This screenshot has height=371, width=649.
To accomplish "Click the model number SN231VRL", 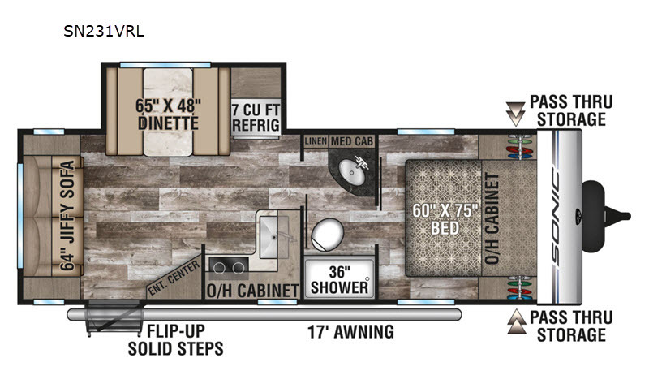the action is [x=104, y=31].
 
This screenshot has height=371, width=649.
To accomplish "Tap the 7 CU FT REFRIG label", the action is [x=256, y=118].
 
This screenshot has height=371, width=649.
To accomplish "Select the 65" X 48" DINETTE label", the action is [x=168, y=114].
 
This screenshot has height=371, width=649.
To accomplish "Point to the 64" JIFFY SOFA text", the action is [x=67, y=215].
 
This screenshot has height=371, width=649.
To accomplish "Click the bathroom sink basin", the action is [x=352, y=172].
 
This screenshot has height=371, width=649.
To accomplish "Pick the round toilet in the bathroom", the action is [x=328, y=235].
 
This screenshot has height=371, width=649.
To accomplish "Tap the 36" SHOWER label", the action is [x=339, y=279].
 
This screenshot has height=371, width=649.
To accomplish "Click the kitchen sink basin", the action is [x=274, y=236].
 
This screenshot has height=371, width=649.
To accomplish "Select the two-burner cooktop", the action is [x=229, y=268].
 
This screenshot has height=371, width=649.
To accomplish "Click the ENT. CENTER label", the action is [x=174, y=278].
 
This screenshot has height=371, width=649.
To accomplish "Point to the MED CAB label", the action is [x=352, y=141].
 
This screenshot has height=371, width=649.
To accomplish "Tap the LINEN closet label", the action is [x=316, y=141].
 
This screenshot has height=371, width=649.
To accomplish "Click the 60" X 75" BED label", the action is [x=445, y=219].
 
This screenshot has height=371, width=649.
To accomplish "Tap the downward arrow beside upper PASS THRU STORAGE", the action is [x=515, y=114].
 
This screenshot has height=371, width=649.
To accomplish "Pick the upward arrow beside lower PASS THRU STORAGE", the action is [x=516, y=321].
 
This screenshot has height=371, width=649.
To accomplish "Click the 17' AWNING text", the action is [x=350, y=332].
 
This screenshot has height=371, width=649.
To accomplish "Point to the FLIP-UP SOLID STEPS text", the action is [x=176, y=340].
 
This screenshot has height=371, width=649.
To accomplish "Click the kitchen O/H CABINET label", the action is [x=252, y=291].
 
